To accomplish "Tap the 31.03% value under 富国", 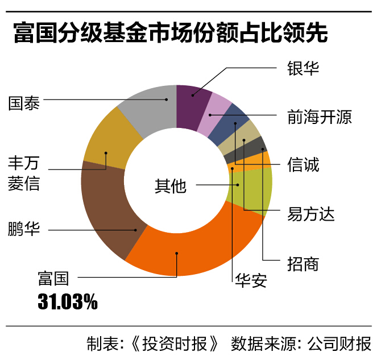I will coord(67,301).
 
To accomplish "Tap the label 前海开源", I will coord(319,117).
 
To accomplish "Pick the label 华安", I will coord(250,280).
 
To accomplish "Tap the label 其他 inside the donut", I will coord(171,185).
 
